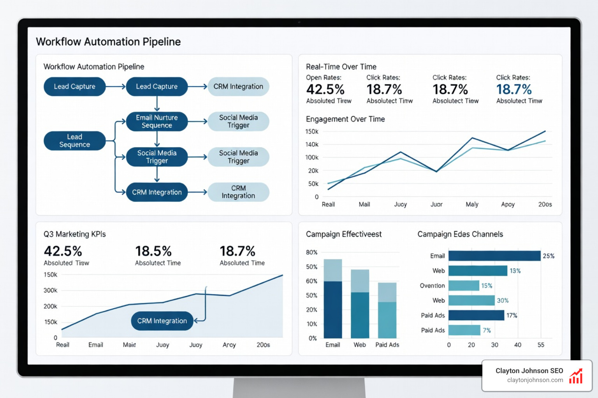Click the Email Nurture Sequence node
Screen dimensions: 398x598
point(157,121)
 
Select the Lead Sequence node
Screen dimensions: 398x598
point(74,141)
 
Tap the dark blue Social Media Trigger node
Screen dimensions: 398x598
point(157,157)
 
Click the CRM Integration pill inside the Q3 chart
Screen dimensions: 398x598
point(162,321)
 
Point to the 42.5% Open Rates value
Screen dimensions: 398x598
point(325,89)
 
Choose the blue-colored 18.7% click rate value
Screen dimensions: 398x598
point(514,89)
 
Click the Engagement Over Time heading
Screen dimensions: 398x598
point(345,119)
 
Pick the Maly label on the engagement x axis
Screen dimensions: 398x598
point(472,204)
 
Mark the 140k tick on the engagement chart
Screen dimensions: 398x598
point(312,145)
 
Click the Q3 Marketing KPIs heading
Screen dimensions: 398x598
point(74,234)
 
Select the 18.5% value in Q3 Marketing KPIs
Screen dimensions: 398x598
point(153,251)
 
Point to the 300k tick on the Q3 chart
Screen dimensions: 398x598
point(50,290)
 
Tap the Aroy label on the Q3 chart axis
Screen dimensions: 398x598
point(229,345)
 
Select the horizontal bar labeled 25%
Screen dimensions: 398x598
point(494,256)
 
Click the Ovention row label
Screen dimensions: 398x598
point(432,286)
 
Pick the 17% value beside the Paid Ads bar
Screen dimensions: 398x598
point(512,316)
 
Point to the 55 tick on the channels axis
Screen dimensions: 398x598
point(541,345)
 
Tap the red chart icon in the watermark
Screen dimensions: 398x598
point(576,376)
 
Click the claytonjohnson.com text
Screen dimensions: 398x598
point(535,380)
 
